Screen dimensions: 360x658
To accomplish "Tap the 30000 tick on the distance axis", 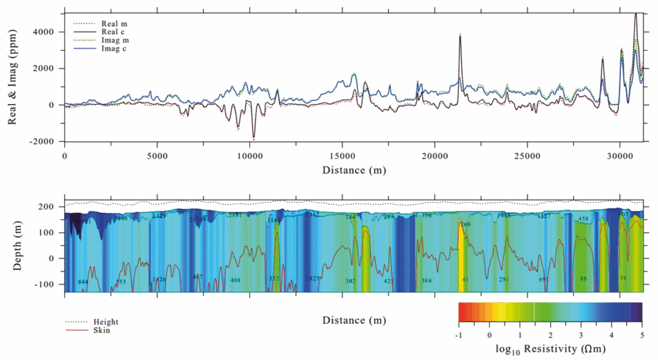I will point(619,156).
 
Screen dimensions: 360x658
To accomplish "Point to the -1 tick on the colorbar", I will point(459,334).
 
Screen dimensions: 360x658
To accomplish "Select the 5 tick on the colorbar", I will point(641,334).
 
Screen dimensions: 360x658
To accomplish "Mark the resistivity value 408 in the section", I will point(235,280).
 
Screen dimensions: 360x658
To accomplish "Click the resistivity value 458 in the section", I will point(583,219).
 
